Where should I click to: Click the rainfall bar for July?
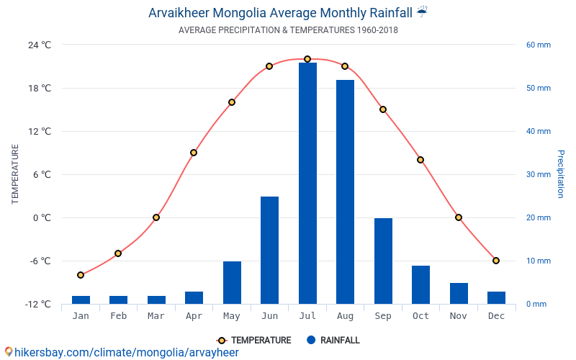[307, 183]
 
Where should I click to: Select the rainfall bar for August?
[345, 192]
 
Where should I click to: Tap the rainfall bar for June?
[269, 250]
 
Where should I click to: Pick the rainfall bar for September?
[383, 261]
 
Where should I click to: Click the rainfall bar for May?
[232, 282]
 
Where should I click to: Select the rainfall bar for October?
[420, 284]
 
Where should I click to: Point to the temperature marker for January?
[81, 275]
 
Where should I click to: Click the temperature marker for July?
[307, 59]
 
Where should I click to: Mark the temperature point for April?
[194, 153]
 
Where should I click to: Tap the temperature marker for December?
[496, 261]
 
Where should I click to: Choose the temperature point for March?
[156, 217]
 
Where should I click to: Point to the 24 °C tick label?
[40, 45]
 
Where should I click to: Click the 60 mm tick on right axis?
[538, 45]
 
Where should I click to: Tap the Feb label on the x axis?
[118, 315]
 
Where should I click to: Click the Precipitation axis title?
[561, 174]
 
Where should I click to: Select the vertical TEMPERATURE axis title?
[15, 174]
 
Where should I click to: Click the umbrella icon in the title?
[422, 12]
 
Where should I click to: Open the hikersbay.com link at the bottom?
[121, 352]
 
